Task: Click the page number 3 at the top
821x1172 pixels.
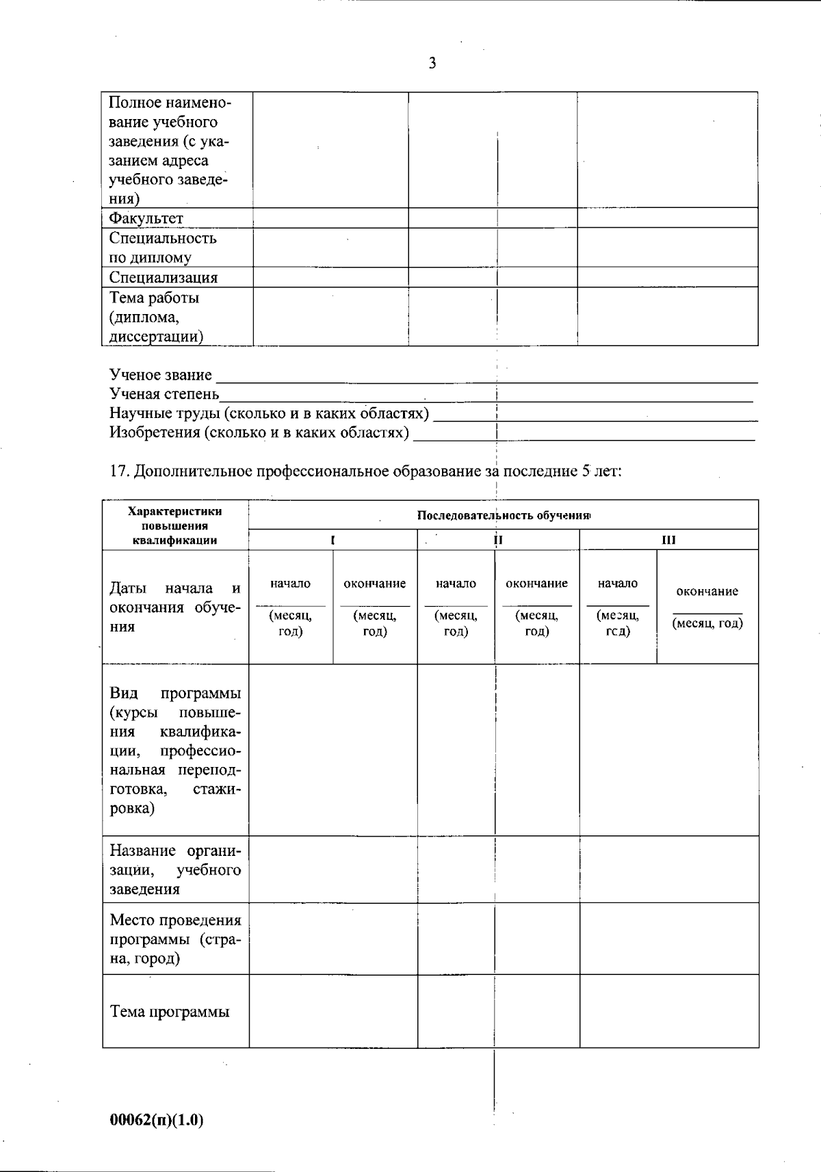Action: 432,64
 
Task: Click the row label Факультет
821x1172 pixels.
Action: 146,218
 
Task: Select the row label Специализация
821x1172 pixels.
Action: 163,277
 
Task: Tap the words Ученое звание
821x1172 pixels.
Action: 160,375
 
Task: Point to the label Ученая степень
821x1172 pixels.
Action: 164,394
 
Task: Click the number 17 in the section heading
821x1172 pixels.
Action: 119,471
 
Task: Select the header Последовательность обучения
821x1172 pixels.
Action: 504,515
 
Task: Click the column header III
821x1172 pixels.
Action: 668,540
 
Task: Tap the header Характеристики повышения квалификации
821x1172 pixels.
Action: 175,525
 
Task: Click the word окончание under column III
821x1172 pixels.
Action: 707,591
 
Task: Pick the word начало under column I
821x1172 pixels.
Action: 290,584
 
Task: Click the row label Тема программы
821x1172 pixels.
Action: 170,1012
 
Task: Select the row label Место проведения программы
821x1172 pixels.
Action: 175,939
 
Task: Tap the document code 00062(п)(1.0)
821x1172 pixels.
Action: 157,1120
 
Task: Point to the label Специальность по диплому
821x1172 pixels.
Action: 163,248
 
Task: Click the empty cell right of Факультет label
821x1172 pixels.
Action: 330,218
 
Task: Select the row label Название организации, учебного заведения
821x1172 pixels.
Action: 175,870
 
